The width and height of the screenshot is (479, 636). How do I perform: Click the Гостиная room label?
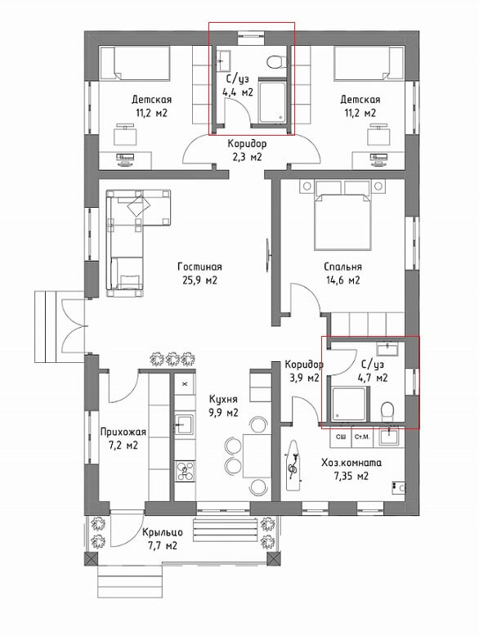(199, 266)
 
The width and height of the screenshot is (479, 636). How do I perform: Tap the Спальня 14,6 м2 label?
(342, 273)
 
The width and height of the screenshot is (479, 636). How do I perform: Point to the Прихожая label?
(123, 432)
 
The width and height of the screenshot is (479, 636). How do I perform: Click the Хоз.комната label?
(351, 463)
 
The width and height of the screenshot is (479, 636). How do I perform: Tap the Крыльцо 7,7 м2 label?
(162, 539)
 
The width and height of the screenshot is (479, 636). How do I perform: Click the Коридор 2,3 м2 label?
(247, 150)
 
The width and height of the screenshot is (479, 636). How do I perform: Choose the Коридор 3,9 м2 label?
(304, 371)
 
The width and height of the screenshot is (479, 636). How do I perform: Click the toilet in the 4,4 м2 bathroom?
(275, 61)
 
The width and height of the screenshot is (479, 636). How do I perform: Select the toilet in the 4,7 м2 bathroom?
(387, 410)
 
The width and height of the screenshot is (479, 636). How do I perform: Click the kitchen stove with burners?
(186, 471)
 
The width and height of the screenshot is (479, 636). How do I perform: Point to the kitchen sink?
(185, 424)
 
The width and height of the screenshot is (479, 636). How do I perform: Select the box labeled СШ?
(341, 437)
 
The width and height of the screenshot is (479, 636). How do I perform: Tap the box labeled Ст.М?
(362, 437)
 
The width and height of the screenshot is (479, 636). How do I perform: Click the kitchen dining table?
(257, 455)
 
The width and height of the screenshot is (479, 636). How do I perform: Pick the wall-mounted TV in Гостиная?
(268, 255)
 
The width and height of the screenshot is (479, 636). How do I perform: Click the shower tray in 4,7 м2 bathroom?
(349, 405)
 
